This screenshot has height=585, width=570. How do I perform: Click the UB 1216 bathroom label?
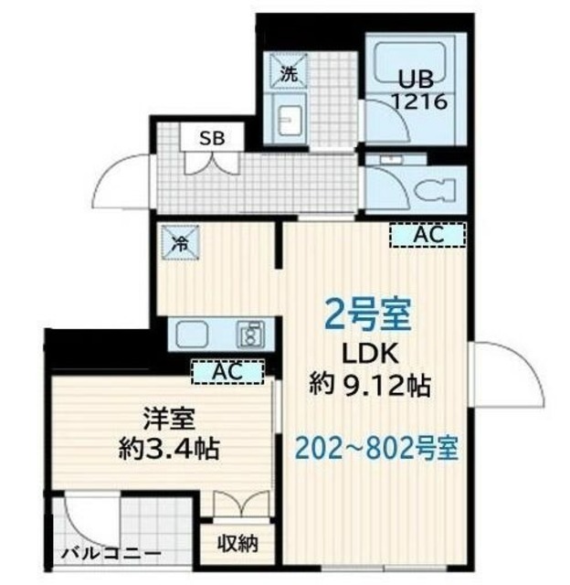coord(420,90)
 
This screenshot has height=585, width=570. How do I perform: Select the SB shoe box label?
coord(213,138)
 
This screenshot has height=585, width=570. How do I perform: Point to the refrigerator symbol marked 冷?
coord(180,242)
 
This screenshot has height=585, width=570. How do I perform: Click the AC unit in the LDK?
coord(428,235)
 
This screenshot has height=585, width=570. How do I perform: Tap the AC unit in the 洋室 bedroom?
coord(227,372)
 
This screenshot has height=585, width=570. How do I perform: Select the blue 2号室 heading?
coord(367,314)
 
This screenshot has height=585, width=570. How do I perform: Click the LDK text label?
coord(370,355)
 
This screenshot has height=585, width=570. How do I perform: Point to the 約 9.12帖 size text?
coord(370,385)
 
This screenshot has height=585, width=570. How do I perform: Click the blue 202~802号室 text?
coord(376,448)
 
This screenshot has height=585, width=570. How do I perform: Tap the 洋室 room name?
coord(170,419)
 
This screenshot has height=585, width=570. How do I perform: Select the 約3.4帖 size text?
coord(168,449)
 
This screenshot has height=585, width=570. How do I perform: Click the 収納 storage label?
coord(237,543)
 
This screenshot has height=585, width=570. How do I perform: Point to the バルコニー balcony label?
coord(111,553)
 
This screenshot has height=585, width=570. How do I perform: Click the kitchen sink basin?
coord(192,334)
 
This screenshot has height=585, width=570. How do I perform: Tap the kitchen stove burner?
coord(250,334)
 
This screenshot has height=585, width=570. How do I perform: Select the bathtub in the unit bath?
coord(409,61)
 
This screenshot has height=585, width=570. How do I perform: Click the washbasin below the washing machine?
coord(290,120)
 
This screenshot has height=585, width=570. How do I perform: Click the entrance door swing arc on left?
coord(119,182)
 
